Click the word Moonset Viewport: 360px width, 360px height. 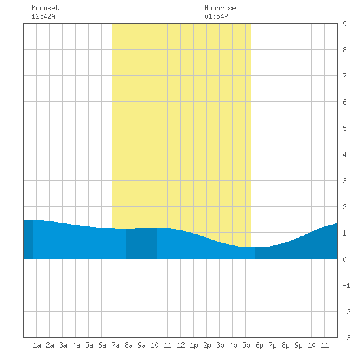pos(45,8)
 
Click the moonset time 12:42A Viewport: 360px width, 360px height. pos(43,16)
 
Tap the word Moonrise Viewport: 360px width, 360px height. pos(220,8)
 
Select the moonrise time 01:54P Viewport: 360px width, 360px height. pos(216,16)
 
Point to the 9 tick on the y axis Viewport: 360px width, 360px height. pos(344,24)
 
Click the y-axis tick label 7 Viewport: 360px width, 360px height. pos(344,76)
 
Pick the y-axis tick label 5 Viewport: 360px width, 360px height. pos(344,128)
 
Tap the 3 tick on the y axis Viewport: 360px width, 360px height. pos(344,181)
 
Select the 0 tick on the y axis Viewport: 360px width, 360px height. pos(344,259)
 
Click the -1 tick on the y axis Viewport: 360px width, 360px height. pos(346,285)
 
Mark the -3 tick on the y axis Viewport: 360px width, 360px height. pos(346,338)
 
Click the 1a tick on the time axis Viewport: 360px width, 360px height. pos(37,345)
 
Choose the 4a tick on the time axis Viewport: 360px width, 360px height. pos(76,345)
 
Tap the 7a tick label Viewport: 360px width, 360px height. pos(115,345)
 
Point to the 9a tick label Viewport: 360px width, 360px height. pos(141,345)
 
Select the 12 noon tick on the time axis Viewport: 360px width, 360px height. pos(181,345)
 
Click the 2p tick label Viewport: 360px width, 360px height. pos(207,345)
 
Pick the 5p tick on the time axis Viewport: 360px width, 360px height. pos(246,345)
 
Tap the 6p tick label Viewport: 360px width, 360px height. pos(259,345)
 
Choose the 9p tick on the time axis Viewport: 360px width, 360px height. pos(298,345)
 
